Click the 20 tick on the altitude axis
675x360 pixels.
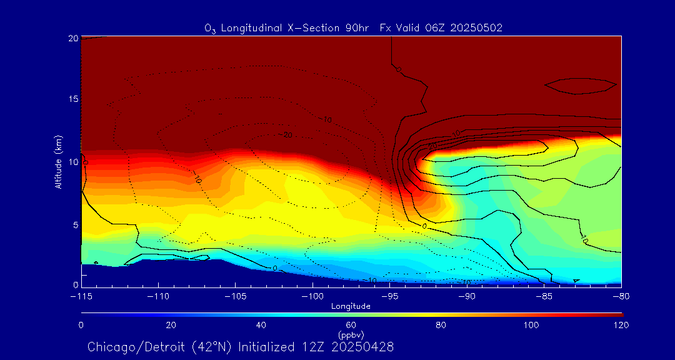coord(72,38)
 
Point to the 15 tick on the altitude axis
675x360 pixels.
coord(72,100)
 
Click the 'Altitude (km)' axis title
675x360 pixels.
coord(58,162)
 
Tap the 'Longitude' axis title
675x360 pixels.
coord(351,306)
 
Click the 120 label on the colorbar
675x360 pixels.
coord(621,325)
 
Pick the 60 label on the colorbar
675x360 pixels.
coord(351,325)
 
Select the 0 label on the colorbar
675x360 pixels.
coord(81,325)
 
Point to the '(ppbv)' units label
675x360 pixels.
coord(351,334)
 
